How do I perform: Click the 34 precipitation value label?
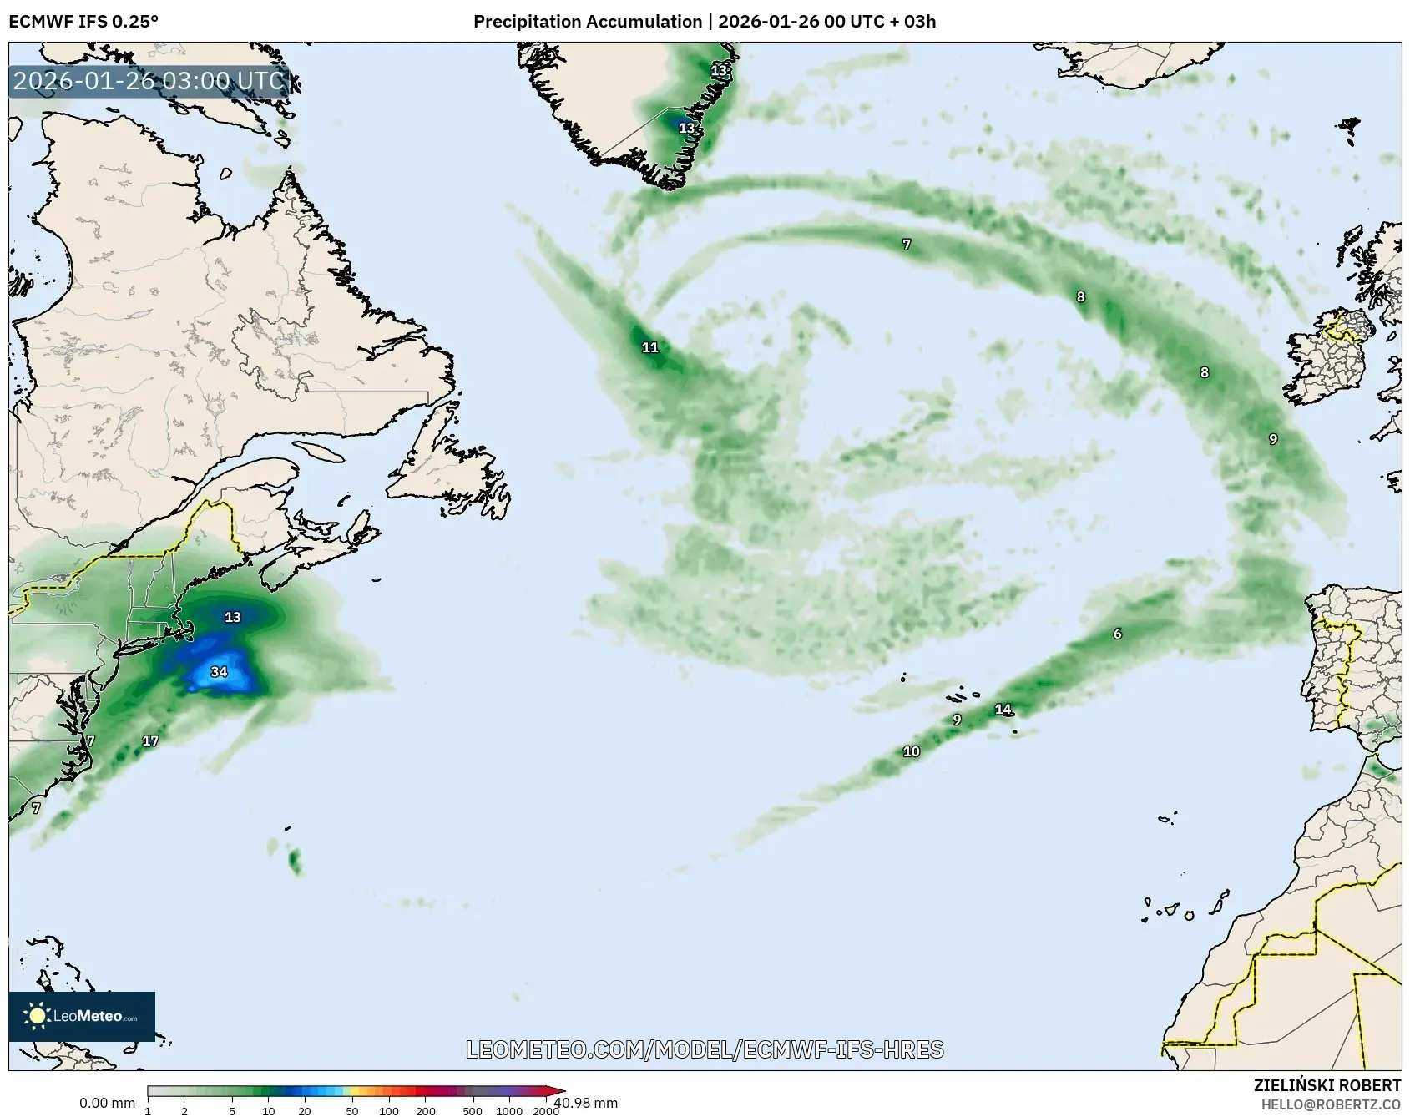[219, 671]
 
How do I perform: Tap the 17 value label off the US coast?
[150, 740]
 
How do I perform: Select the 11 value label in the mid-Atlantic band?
[650, 347]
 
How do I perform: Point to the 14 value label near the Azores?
[1003, 710]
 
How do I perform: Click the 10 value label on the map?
[911, 751]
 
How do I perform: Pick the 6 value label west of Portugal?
[1118, 634]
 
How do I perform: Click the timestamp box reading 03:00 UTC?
[149, 81]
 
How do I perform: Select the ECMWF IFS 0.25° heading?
[83, 21]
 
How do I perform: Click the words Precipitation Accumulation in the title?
[588, 21]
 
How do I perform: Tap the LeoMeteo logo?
[82, 1016]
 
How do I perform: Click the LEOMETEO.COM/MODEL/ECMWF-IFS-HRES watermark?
[705, 1049]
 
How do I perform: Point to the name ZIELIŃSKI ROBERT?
[1327, 1085]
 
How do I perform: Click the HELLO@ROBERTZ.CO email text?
[1331, 1104]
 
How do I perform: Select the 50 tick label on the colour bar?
[351, 1111]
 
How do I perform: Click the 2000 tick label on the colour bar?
[546, 1111]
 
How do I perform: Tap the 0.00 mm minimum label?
[107, 1104]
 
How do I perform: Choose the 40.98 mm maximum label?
[586, 1103]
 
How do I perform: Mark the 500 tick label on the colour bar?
[473, 1111]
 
